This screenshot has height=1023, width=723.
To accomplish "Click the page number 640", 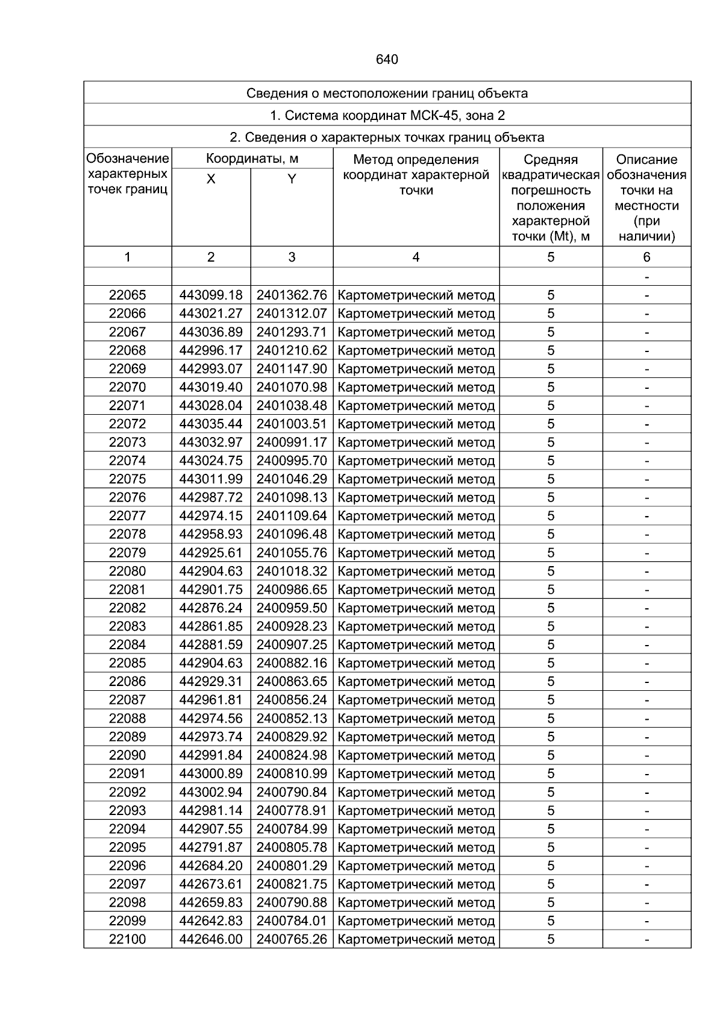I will (x=387, y=60).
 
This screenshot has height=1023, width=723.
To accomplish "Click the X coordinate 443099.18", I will (x=211, y=295).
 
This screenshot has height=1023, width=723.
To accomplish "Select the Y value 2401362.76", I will (x=292, y=295).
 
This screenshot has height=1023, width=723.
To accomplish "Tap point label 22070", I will (x=127, y=387).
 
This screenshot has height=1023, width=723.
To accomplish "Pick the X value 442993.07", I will (x=211, y=369).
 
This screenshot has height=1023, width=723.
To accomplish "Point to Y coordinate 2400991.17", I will (x=292, y=442).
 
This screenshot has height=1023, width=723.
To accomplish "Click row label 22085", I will (x=127, y=663).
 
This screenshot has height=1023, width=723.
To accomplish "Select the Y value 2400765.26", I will (x=292, y=939).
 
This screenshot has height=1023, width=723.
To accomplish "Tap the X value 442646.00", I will (x=211, y=939).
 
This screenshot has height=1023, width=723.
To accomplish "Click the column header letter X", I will (x=211, y=179).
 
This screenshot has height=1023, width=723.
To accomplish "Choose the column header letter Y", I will (x=292, y=179).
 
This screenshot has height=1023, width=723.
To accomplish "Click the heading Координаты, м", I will (x=252, y=159).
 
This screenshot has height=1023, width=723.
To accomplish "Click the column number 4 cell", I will (x=416, y=257).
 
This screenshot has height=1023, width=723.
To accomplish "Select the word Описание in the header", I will (x=646, y=160).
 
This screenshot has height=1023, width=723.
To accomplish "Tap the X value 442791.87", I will (x=211, y=847).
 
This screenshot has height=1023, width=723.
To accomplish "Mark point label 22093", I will (x=127, y=810).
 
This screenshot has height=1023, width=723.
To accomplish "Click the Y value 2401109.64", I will (x=292, y=516).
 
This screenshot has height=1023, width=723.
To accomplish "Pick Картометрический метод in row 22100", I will (x=416, y=939).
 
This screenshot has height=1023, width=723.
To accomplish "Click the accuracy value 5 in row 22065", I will (x=551, y=295).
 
